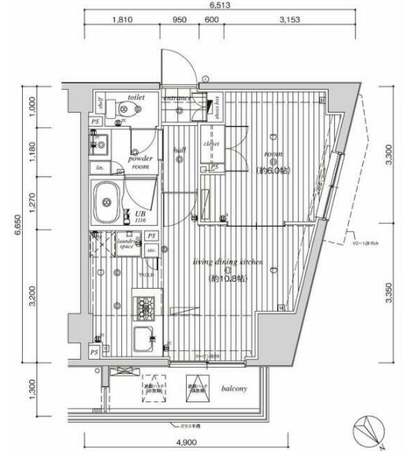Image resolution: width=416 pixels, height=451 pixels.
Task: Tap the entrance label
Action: click(177, 99)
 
